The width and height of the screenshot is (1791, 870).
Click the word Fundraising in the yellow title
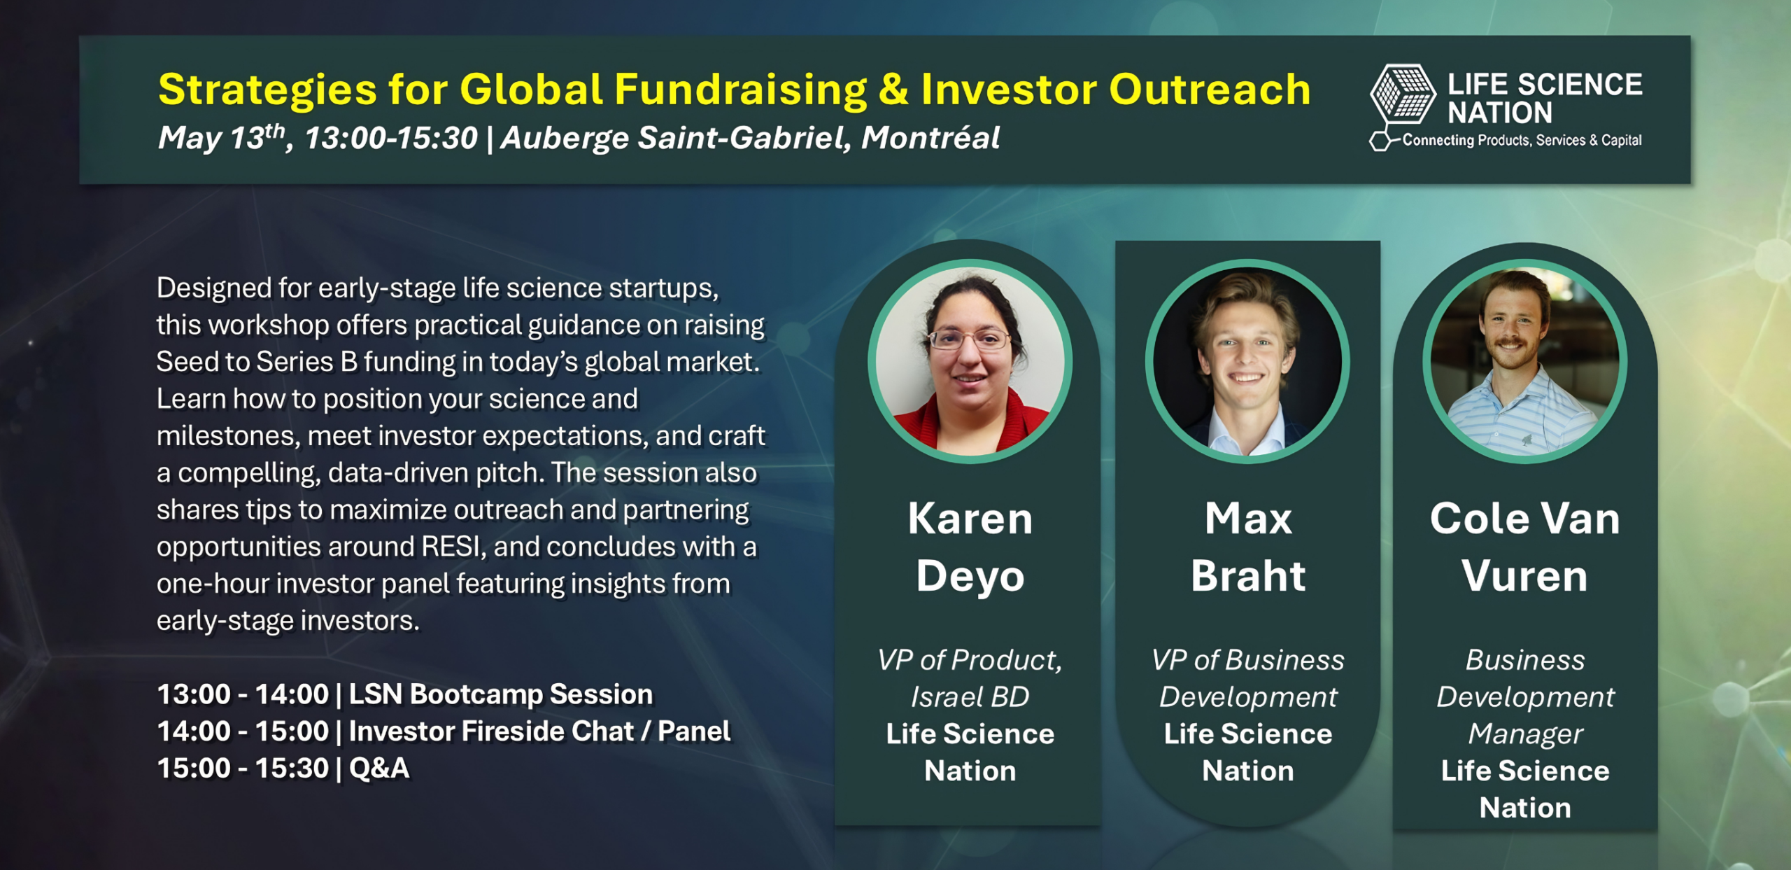[741, 90]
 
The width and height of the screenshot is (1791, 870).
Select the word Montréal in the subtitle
[930, 137]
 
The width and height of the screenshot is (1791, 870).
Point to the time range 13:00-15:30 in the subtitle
[391, 138]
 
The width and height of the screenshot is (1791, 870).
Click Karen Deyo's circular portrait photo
[970, 361]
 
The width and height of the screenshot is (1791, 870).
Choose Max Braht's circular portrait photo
[1247, 361]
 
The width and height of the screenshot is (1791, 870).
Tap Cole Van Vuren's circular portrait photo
[1525, 361]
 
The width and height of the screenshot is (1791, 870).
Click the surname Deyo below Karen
[970, 576]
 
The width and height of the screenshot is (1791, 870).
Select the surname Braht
[1248, 576]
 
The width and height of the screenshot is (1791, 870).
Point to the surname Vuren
[1524, 576]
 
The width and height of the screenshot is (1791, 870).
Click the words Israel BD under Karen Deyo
[970, 697]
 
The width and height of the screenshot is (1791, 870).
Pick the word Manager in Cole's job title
[1525, 734]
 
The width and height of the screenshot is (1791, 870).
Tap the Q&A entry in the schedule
[379, 769]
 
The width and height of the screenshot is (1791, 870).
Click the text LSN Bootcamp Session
[501, 694]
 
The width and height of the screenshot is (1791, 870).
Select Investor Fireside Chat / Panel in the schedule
[539, 731]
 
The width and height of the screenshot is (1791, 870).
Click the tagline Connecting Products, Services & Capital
[1522, 141]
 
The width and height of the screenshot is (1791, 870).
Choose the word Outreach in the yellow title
[1210, 90]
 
